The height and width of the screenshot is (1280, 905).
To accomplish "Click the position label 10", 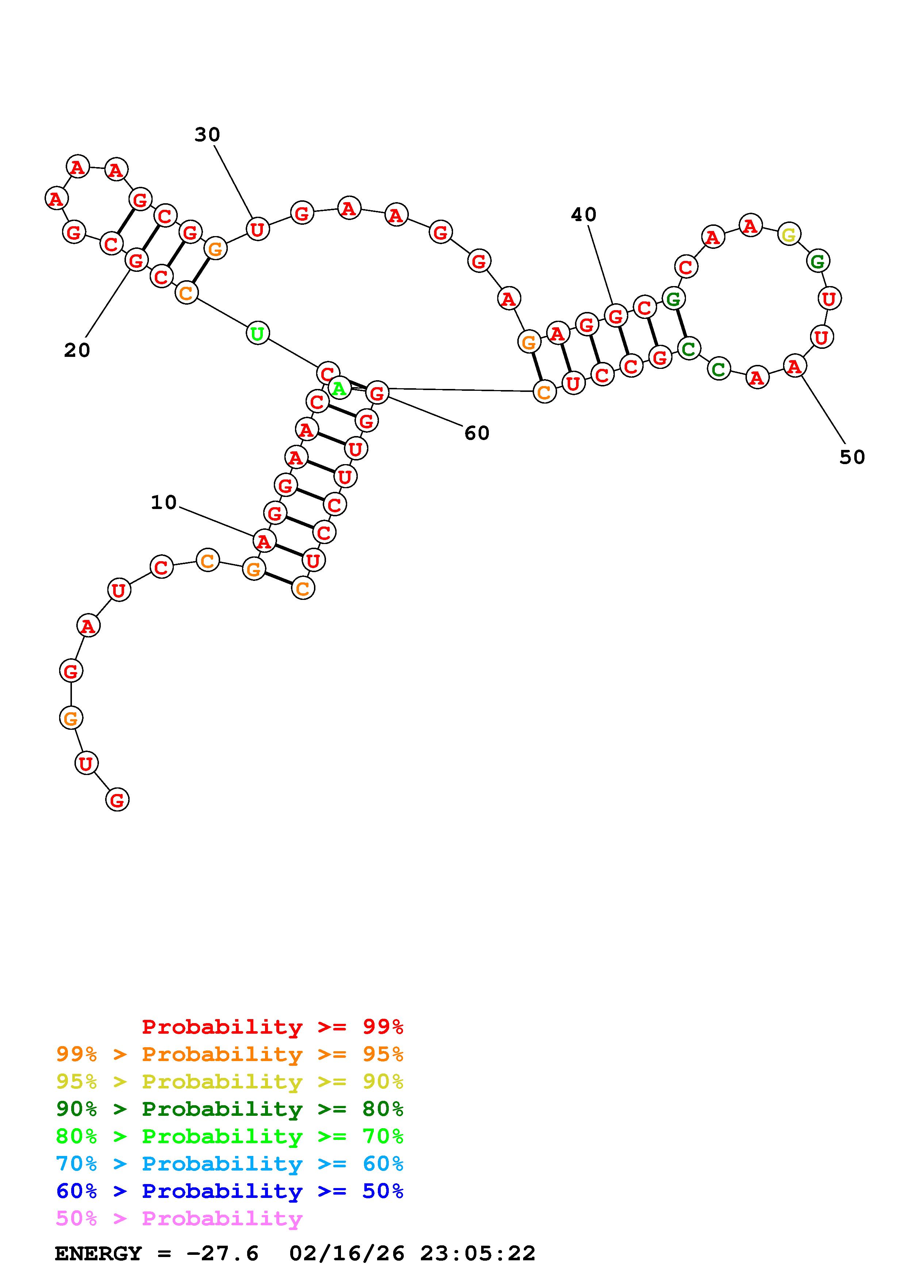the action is click(164, 503).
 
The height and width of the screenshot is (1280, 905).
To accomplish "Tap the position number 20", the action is click(77, 351).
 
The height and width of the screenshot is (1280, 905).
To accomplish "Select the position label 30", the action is click(207, 134).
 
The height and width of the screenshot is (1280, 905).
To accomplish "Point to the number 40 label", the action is click(584, 215).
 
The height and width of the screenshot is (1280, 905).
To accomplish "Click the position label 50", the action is click(852, 457).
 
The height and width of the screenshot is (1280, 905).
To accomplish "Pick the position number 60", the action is click(477, 433).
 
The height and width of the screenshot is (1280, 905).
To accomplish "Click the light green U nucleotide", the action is click(257, 334).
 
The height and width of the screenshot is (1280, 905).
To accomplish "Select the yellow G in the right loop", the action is click(789, 234).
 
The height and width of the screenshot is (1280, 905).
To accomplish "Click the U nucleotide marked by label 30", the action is click(257, 228).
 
